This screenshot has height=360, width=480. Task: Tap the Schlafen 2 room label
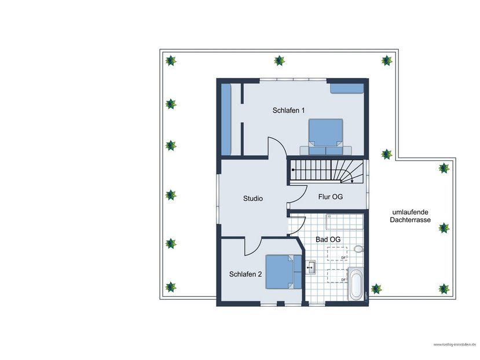click(246, 274)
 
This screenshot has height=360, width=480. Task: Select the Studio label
click(253, 199)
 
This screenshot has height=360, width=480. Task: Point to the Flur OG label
click(331, 197)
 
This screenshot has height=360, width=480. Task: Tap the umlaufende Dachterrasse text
click(411, 216)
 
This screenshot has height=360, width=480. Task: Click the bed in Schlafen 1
click(325, 137)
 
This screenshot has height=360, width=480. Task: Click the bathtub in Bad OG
click(355, 284)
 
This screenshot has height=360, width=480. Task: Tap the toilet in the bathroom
click(358, 249)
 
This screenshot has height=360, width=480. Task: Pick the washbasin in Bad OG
click(310, 267)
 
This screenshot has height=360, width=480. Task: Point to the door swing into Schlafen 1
click(277, 148)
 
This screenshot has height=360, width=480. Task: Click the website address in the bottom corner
click(454, 344)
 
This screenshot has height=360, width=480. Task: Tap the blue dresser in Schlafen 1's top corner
click(347, 88)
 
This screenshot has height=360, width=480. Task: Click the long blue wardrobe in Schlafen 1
click(226, 119)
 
